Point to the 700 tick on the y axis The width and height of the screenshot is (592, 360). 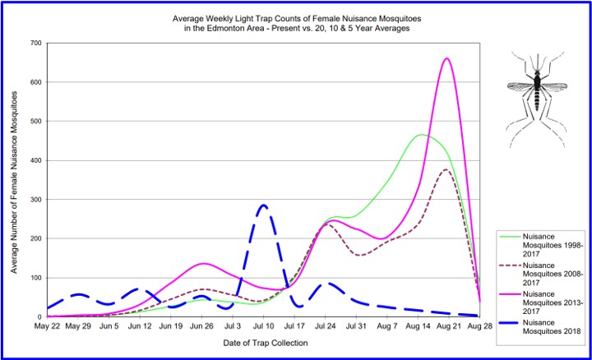[x=36, y=43]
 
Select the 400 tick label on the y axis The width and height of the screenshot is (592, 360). [x=36, y=160]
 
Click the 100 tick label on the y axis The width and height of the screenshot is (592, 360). [x=36, y=278]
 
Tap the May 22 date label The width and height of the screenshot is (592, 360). [x=47, y=326]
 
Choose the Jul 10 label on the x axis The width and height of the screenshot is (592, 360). [x=262, y=326]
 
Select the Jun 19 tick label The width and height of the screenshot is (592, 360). [x=170, y=326]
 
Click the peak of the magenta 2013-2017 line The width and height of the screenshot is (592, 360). [x=446, y=58]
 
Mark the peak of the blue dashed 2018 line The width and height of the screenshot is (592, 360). [x=263, y=205]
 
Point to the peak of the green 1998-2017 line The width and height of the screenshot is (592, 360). [x=422, y=134]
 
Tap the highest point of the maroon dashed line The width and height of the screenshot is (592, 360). [x=446, y=169]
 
